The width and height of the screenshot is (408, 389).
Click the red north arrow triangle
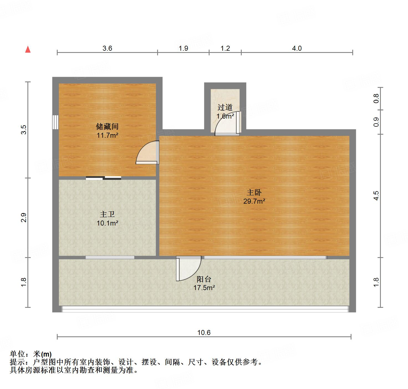(x=28, y=49)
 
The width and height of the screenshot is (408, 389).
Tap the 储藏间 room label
(x=107, y=127)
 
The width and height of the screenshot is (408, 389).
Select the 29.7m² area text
(x=254, y=201)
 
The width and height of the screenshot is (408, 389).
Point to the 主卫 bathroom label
(x=107, y=214)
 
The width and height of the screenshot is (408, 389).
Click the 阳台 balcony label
(x=204, y=279)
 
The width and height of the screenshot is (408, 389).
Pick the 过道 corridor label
(x=225, y=107)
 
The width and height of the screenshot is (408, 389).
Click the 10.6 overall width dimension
(x=204, y=332)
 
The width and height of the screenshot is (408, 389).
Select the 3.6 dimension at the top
(x=107, y=48)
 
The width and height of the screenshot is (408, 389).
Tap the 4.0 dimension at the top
(x=297, y=48)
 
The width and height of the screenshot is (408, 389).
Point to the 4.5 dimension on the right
(x=376, y=196)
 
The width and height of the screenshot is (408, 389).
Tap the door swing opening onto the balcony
(x=188, y=268)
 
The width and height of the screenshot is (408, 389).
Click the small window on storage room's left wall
(x=55, y=122)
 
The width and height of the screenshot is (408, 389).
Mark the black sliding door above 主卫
(x=103, y=178)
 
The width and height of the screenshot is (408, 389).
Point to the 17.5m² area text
(x=204, y=288)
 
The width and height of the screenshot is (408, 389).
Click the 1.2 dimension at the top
(x=225, y=48)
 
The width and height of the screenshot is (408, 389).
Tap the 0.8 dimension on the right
(x=376, y=98)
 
